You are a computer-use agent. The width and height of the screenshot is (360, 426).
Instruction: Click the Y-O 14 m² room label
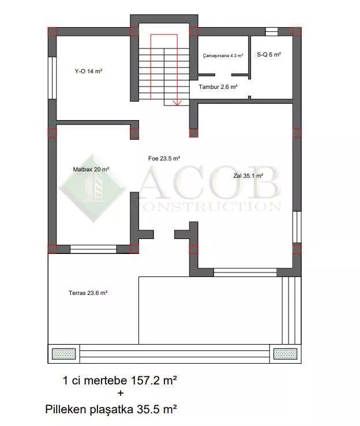[x=88, y=71]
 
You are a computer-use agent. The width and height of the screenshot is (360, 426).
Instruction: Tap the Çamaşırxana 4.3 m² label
[x=223, y=55]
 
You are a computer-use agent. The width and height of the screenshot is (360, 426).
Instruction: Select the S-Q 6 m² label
[x=269, y=54]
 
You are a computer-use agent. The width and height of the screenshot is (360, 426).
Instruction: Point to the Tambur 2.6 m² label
[x=218, y=87]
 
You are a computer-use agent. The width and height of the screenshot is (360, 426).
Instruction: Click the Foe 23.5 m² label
[x=164, y=158]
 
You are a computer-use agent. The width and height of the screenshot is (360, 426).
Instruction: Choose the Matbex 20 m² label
[x=91, y=169]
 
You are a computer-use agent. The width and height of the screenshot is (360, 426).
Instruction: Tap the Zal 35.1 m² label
[x=248, y=176]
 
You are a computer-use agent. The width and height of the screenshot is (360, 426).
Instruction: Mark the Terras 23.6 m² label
[x=88, y=293]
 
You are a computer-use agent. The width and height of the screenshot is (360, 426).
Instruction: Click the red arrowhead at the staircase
[x=177, y=103]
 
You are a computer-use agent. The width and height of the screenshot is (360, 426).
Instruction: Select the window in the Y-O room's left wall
[x=52, y=78]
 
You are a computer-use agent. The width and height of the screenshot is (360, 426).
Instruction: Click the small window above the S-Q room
[x=272, y=32]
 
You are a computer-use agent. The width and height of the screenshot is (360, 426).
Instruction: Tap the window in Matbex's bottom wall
[x=93, y=249]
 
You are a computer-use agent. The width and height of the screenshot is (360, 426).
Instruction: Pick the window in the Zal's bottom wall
[x=245, y=272]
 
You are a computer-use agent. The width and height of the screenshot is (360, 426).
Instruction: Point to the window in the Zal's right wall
[x=297, y=227]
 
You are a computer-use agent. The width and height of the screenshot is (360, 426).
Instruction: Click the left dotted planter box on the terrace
[x=64, y=354]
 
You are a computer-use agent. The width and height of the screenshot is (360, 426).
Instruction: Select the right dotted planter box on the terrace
[x=285, y=354]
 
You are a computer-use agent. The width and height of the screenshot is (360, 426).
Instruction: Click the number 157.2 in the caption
[x=146, y=380]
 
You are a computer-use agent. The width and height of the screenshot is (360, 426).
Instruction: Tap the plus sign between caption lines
[x=120, y=393]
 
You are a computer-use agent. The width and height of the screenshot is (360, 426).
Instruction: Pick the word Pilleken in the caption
[x=65, y=409]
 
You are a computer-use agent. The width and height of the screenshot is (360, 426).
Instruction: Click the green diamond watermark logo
[x=93, y=188]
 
